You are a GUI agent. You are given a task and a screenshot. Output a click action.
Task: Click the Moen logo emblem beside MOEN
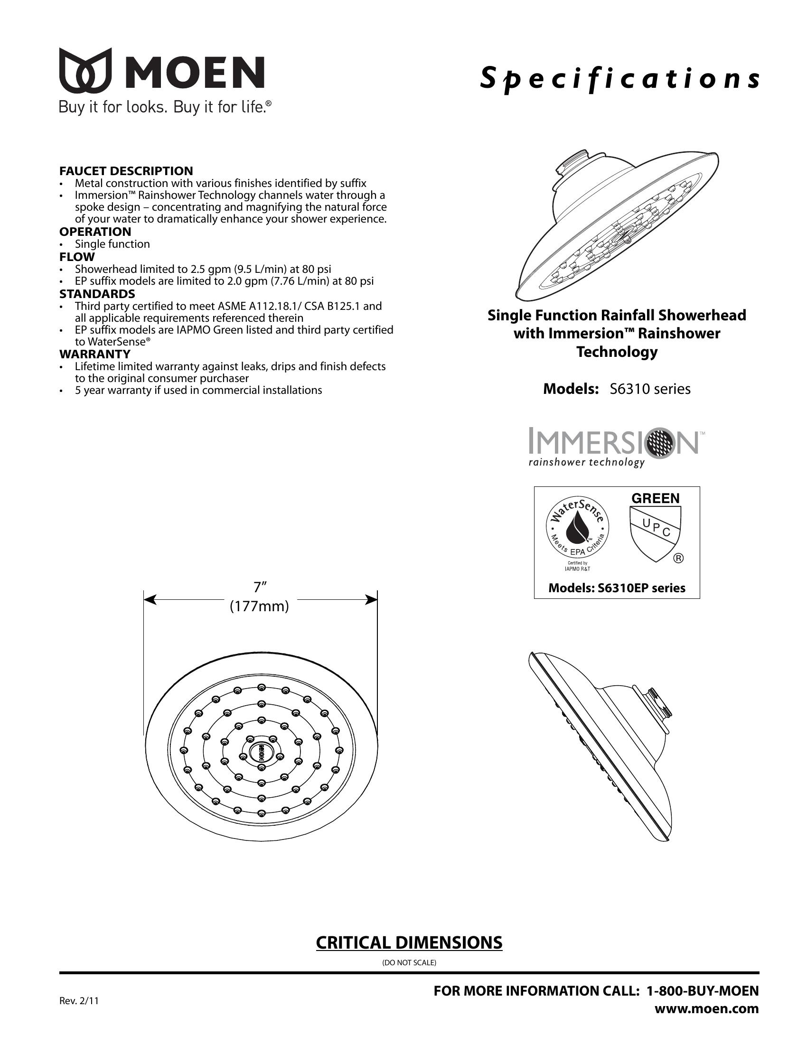point(85,70)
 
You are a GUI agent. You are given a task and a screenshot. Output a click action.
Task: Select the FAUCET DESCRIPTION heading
point(126,171)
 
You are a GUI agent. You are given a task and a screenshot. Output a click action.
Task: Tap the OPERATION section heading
point(95,232)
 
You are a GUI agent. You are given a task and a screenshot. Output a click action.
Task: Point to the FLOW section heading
point(77,257)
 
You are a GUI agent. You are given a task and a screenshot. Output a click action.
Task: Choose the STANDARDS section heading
point(97,293)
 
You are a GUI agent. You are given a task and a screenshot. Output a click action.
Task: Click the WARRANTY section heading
point(94,354)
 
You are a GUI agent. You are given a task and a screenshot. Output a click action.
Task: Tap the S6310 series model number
point(650,389)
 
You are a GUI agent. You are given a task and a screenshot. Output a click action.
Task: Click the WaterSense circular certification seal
point(578,528)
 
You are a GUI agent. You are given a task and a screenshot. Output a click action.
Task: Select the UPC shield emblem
point(656,533)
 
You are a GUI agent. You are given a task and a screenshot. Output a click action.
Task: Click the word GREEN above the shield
point(656,499)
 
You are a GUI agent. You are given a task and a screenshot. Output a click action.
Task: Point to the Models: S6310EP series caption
point(617,588)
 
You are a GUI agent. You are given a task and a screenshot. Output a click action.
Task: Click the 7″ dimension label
point(260,587)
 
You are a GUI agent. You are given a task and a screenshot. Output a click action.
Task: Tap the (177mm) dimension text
point(260,606)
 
